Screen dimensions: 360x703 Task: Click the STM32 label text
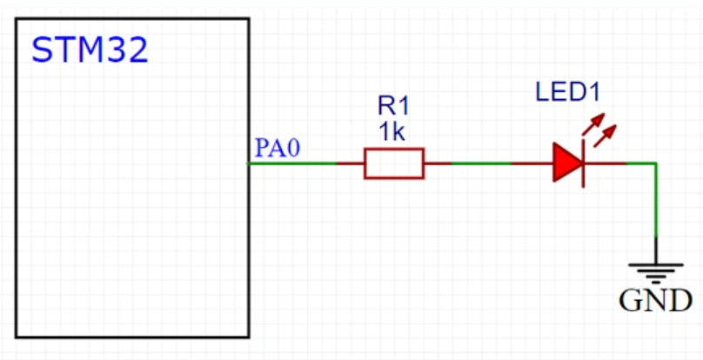(90, 50)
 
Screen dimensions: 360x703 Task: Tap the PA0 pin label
(277, 148)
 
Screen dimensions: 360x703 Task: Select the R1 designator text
(393, 106)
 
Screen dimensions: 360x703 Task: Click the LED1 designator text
(567, 92)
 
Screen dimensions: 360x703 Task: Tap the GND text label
(655, 301)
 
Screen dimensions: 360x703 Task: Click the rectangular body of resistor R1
(393, 163)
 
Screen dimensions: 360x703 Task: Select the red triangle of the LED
(566, 163)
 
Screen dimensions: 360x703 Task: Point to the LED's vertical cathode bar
(580, 163)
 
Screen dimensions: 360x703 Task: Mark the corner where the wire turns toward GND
(655, 163)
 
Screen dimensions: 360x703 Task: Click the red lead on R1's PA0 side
(350, 163)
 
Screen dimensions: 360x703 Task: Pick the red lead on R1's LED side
(438, 163)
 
